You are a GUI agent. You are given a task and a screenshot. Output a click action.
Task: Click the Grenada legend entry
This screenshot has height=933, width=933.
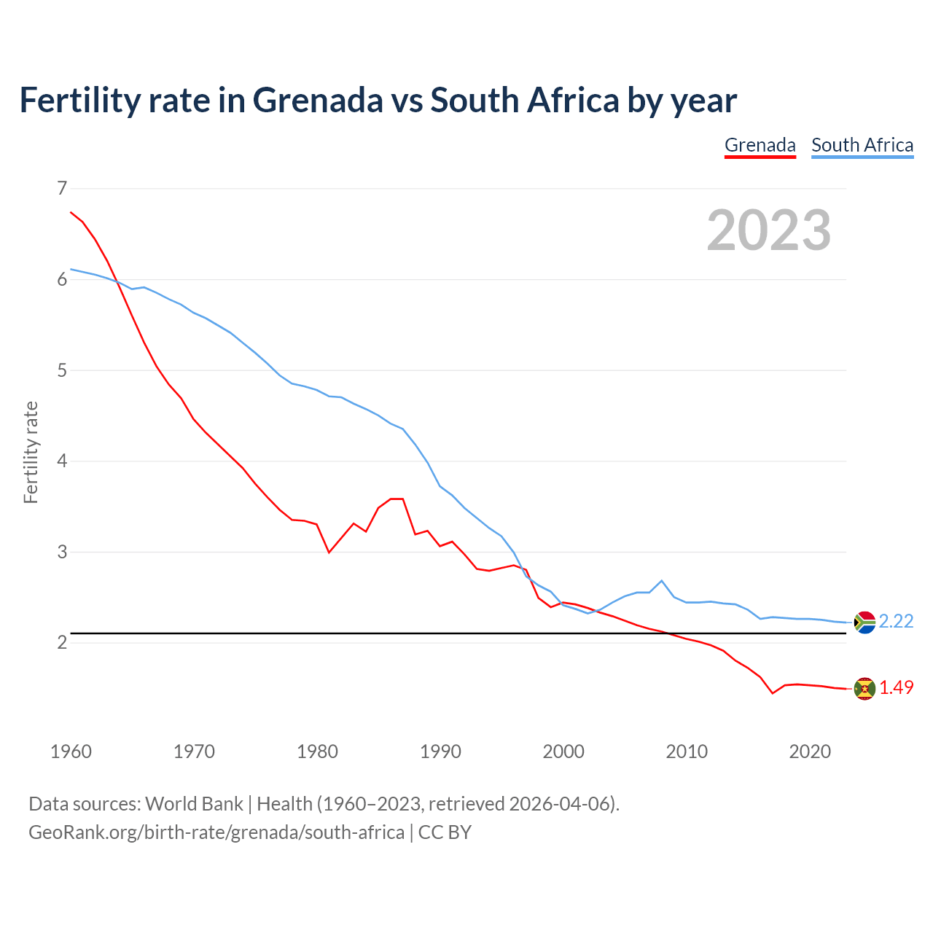760,145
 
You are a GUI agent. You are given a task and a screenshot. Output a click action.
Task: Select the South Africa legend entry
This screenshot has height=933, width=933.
862,145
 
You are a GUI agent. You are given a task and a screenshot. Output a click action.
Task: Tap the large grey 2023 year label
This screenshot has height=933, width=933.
769,230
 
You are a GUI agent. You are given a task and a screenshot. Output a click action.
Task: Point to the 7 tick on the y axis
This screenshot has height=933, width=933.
62,189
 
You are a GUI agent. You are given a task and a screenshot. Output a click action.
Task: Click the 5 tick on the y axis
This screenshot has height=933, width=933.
62,370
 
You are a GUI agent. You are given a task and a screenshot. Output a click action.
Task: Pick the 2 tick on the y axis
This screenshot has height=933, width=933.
62,642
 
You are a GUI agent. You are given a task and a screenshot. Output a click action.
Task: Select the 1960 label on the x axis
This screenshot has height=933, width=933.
71,752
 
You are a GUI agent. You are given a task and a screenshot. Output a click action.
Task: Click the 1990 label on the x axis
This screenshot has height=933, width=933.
440,752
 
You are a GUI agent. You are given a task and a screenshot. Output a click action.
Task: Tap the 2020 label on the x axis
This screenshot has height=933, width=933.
810,752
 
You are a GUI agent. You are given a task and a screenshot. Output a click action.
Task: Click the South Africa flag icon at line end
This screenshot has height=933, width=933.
864,622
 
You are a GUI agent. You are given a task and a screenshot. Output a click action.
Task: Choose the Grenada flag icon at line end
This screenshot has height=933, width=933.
864,688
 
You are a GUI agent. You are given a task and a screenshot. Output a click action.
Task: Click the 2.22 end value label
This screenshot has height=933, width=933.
896,621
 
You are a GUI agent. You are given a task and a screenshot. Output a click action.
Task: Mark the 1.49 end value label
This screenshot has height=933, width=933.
896,687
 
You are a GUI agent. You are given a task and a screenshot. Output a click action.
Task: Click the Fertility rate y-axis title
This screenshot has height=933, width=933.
31,452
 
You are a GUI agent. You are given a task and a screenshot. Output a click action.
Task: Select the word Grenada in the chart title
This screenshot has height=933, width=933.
317,100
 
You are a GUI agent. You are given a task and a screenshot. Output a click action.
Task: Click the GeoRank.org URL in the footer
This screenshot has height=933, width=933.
216,832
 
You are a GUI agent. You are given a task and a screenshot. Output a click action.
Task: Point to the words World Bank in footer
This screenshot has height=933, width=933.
194,804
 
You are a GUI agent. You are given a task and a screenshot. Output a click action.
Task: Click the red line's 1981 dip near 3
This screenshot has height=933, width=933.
329,553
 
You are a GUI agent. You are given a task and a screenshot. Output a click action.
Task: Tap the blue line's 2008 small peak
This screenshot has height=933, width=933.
661,581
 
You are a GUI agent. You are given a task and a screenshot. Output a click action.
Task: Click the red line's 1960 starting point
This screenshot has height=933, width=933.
71,212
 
